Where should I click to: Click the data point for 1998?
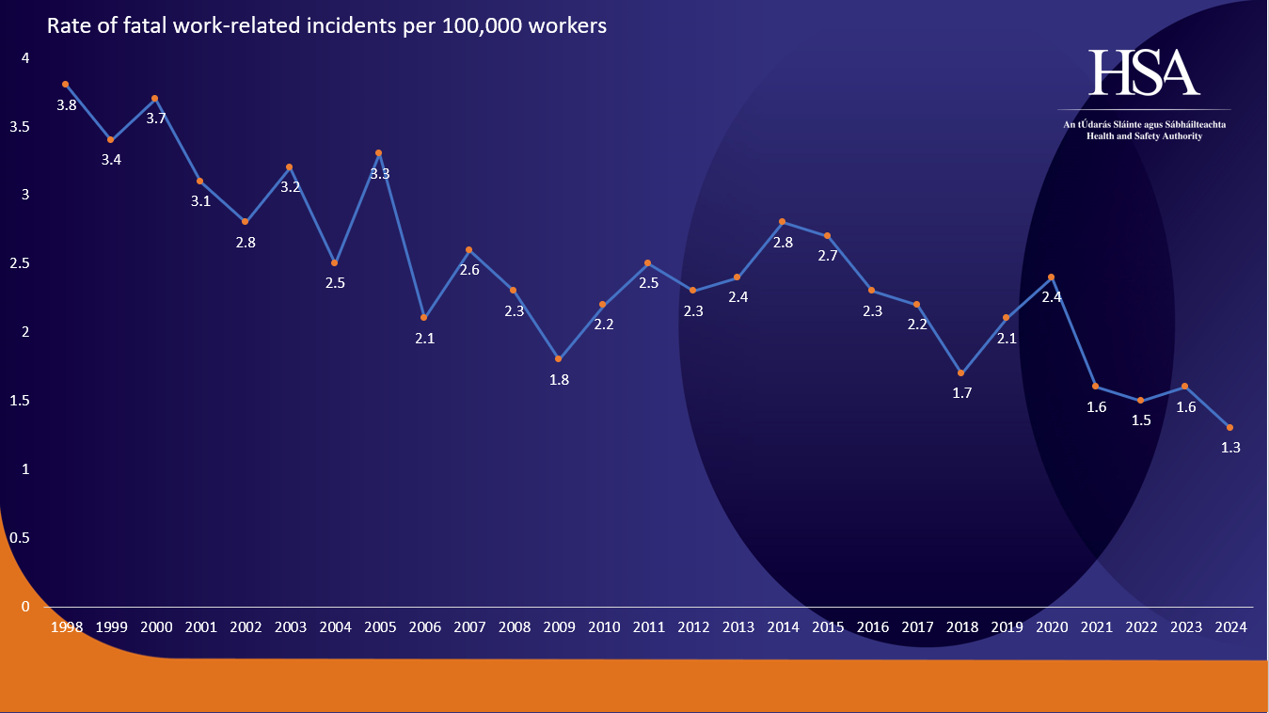(66, 84)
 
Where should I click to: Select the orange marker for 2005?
(379, 152)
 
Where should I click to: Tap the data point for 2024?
(1229, 427)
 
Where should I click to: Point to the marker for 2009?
(559, 358)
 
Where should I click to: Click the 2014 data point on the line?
(782, 221)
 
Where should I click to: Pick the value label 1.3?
(1230, 448)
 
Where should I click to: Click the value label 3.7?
(156, 119)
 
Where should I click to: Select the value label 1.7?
(961, 393)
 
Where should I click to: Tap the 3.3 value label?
(380, 174)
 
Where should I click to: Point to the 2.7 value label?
(827, 256)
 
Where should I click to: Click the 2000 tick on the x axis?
(156, 626)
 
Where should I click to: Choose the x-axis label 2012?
(693, 626)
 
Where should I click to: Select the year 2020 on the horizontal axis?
(1051, 626)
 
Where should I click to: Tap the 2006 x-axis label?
(425, 626)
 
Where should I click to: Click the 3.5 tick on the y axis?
(20, 127)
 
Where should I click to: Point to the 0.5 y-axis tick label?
(20, 538)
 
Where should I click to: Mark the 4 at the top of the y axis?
(25, 58)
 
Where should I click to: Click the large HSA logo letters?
(1144, 73)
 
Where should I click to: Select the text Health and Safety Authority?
(1144, 136)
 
